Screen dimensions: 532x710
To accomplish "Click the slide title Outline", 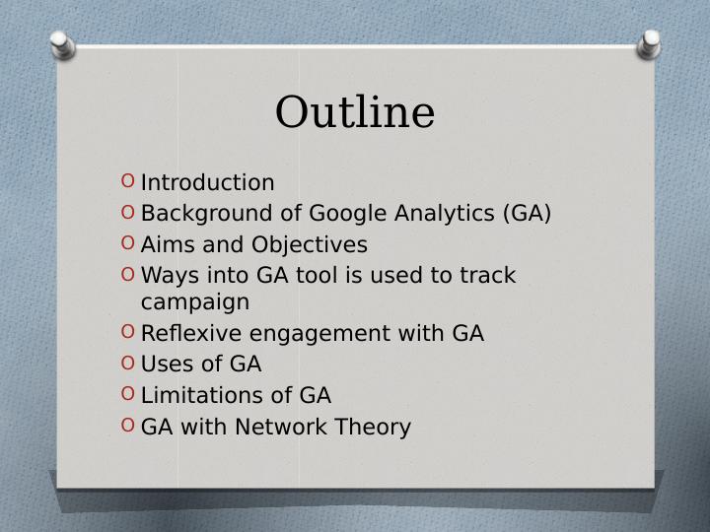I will click(354, 112).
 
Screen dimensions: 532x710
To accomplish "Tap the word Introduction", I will click(207, 183).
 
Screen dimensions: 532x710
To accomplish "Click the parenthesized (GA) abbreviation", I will click(527, 214).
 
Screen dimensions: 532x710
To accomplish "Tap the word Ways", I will click(168, 276).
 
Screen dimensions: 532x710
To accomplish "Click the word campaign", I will click(195, 302).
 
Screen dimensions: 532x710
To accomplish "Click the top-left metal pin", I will click(60, 43).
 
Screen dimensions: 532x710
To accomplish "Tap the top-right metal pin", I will click(650, 42).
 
